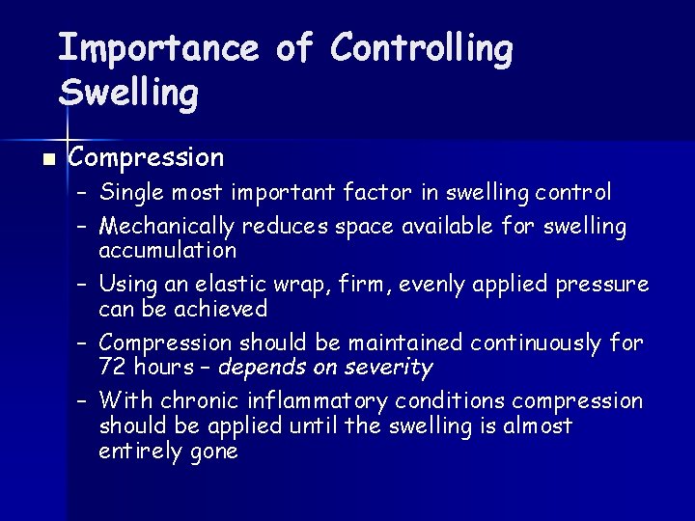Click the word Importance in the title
[158, 47]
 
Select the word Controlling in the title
[421, 47]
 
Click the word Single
[132, 193]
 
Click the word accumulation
[167, 251]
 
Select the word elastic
[239, 285]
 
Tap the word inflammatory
[316, 400]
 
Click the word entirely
[135, 452]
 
